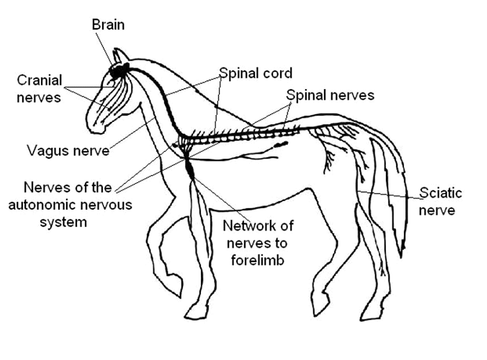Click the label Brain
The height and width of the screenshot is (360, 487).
coord(108,25)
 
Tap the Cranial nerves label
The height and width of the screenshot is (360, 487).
coord(39,88)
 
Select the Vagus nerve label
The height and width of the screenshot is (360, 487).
coord(67,151)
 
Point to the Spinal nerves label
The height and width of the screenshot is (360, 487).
coord(330,95)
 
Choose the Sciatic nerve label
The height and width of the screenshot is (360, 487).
coord(441,201)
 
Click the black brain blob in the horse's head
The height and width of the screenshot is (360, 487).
coord(118,72)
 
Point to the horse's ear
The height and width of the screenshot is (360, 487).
coord(121,56)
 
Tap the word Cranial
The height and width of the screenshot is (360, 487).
coord(39,80)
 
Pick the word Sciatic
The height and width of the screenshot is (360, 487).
coord(441,194)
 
